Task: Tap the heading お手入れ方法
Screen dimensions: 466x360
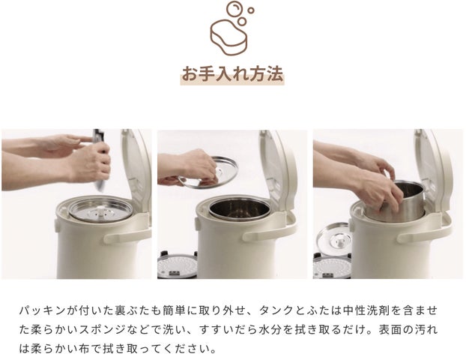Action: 232,74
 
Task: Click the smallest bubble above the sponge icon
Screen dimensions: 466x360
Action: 251,10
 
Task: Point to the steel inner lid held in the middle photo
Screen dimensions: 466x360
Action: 208,172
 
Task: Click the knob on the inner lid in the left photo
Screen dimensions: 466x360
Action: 102,212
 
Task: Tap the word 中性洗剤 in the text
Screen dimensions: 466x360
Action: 366,310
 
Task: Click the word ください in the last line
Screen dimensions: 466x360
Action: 187,349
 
